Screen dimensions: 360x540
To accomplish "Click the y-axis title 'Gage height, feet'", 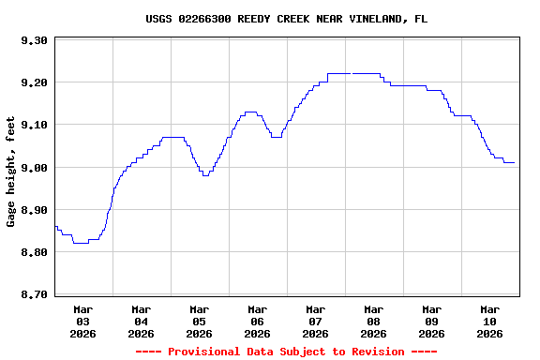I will tap(11, 172).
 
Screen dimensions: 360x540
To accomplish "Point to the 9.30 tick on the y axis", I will tap(34, 40).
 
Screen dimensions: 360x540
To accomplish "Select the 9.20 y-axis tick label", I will tap(34, 82).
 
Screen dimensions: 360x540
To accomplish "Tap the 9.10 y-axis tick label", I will tap(34, 125).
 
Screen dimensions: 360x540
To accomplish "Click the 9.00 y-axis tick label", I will tap(34, 168).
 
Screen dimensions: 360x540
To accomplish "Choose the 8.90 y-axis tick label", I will tap(34, 210).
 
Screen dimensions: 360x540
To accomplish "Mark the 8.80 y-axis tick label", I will tap(34, 252).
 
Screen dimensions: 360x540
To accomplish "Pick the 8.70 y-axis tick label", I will tap(34, 295).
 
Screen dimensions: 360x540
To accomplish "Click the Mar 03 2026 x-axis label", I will tap(83, 321).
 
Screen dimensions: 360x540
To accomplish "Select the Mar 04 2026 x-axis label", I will tap(142, 321).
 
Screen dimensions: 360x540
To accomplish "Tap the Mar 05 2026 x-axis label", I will tap(200, 321).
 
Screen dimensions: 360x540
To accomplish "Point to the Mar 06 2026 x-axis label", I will tap(258, 321).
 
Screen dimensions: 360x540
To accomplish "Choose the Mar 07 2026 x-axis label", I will tap(316, 321).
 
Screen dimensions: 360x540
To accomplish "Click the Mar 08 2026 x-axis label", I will tap(374, 321).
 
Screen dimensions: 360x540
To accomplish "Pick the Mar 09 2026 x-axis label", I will tap(432, 321).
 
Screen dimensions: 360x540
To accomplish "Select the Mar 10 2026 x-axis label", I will tap(490, 321).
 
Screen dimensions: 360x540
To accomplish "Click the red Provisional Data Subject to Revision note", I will tap(286, 352).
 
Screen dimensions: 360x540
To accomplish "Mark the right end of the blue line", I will tap(514, 163).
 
